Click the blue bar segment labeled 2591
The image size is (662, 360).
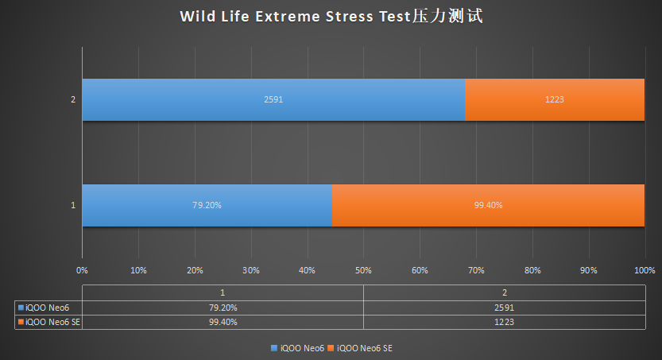(273, 100)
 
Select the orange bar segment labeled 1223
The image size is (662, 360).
(555, 100)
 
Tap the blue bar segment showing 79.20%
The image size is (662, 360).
(207, 205)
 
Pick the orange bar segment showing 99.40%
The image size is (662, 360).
(488, 205)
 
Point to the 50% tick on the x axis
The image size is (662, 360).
(363, 270)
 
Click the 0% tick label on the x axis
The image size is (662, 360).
(82, 270)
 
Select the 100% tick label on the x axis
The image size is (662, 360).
(644, 270)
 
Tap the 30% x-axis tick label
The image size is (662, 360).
(250, 270)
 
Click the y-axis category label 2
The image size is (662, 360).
(73, 100)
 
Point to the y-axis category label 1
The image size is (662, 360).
(73, 205)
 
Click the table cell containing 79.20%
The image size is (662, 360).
(223, 307)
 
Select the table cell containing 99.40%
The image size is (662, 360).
(223, 322)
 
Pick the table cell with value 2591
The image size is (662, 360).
(504, 307)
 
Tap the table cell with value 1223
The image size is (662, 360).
(504, 322)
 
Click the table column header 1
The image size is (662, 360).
(223, 292)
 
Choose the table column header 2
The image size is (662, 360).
(504, 292)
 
